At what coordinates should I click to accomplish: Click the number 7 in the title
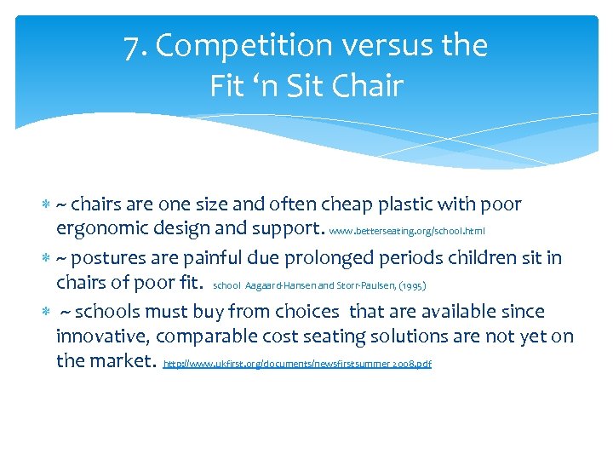(131, 47)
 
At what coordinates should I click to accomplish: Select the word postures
(110, 258)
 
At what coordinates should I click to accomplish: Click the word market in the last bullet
(124, 361)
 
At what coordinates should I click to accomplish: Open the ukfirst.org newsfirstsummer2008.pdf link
(297, 364)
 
